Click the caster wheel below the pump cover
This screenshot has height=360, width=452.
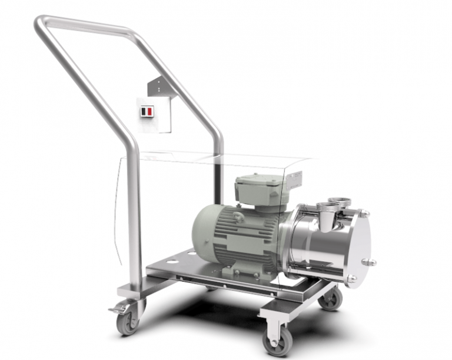[x=331, y=299]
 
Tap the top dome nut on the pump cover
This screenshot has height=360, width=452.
[x=365, y=213]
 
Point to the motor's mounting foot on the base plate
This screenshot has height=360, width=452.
[x=230, y=272]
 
